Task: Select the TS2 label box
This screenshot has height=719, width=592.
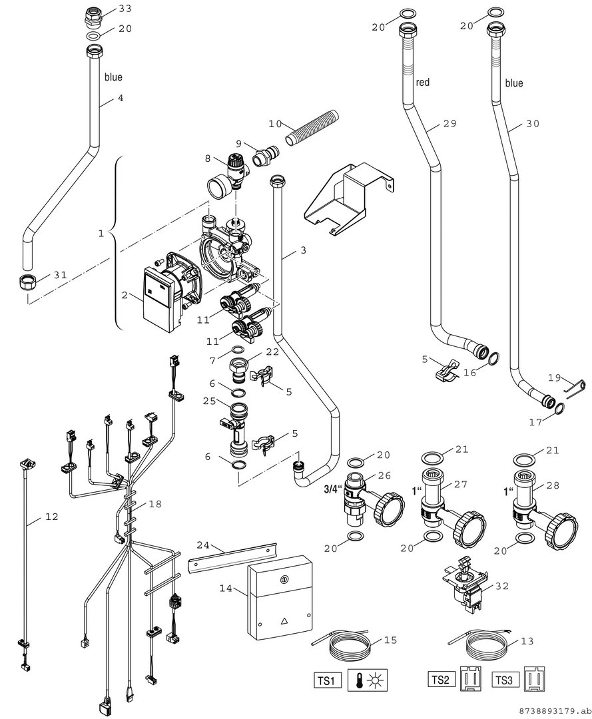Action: pyautogui.click(x=441, y=680)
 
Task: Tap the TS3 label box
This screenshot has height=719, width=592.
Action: pyautogui.click(x=505, y=680)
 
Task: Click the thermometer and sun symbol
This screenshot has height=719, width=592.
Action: pyautogui.click(x=368, y=680)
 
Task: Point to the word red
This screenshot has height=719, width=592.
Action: pyautogui.click(x=422, y=82)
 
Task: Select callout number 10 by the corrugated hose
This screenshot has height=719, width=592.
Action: pyautogui.click(x=275, y=124)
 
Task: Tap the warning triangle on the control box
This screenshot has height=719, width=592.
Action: pyautogui.click(x=284, y=622)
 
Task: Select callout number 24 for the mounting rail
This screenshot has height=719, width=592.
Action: pyautogui.click(x=203, y=545)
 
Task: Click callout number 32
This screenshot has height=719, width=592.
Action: pyautogui.click(x=502, y=586)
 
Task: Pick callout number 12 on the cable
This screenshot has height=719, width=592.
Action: pyautogui.click(x=52, y=517)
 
